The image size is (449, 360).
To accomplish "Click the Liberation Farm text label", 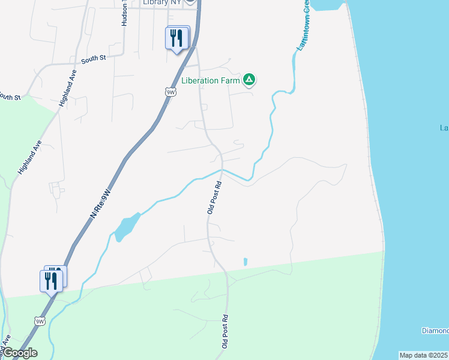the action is point(211,80).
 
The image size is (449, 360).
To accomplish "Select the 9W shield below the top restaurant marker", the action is point(170,92).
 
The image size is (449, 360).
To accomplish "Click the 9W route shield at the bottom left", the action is point(40,321).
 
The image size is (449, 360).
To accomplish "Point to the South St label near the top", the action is point(93,59).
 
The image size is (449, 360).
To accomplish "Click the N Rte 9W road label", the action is point(101,203).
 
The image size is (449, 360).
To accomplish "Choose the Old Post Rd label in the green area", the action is point(225,331).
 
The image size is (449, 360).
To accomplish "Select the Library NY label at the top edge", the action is point(162,2).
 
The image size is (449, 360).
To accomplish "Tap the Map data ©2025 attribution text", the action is point(423,355).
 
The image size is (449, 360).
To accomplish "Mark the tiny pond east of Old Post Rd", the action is point(245,262).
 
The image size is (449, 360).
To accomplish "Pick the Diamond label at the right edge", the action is point(435,331).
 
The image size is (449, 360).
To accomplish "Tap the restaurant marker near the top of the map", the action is point(177,38).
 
